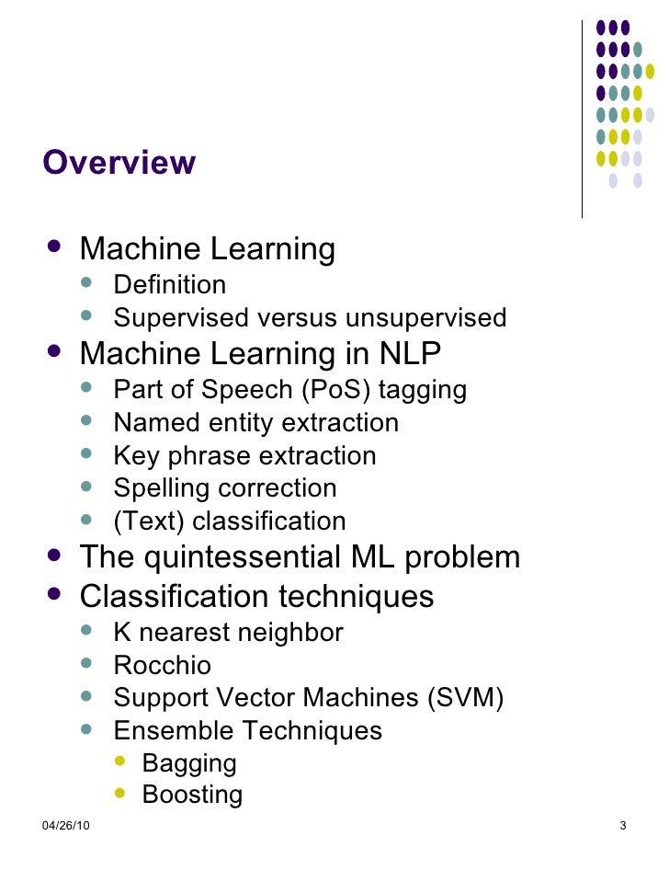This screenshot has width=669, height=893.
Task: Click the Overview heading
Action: pyautogui.click(x=119, y=163)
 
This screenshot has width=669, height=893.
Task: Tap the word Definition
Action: pyautogui.click(x=169, y=285)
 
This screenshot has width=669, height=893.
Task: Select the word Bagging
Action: pyautogui.click(x=189, y=763)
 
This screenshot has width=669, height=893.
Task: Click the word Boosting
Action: pyautogui.click(x=192, y=795)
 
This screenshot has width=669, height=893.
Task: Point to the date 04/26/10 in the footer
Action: pyautogui.click(x=65, y=824)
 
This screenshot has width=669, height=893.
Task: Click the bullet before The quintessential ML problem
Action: pyautogui.click(x=56, y=555)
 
